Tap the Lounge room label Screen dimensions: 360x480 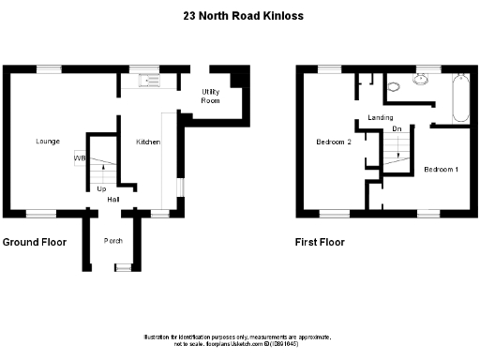point(48,142)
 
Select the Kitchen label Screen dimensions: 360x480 point(148,142)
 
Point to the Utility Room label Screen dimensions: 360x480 point(211,96)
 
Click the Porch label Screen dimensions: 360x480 point(113,241)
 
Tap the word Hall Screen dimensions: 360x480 point(112,199)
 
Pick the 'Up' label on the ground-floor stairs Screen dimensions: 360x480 point(101,188)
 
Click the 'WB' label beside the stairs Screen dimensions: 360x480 point(80,158)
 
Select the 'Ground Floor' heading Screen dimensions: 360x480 point(34,242)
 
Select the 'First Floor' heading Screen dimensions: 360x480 point(320,242)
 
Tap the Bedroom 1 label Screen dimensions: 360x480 point(441,170)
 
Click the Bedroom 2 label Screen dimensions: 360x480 point(333,142)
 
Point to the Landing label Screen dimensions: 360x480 point(381,117)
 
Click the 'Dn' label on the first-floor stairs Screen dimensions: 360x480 point(397,127)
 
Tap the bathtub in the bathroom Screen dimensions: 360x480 point(459,98)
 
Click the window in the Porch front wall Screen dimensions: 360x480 point(119,268)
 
